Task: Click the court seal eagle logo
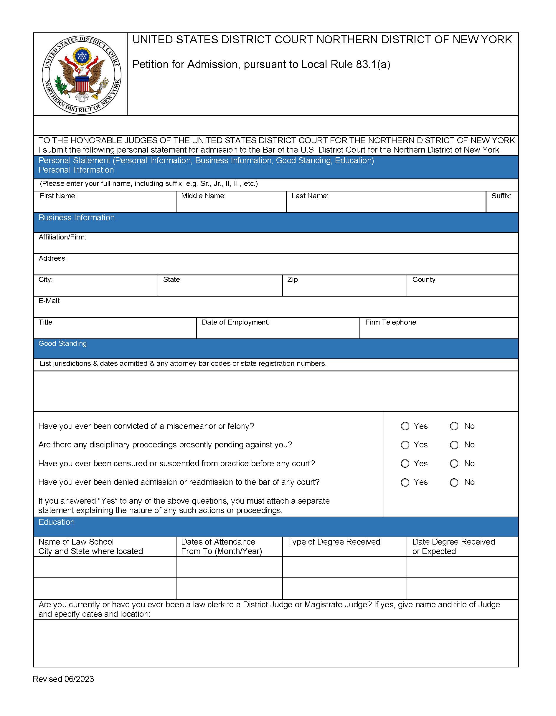click(x=82, y=75)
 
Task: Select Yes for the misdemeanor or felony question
click(x=405, y=426)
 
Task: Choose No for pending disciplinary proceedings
click(x=454, y=445)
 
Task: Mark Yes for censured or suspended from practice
click(x=405, y=464)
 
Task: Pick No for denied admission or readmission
click(x=454, y=482)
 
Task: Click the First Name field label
click(x=58, y=196)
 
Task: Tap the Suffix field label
click(x=501, y=196)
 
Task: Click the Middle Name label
click(x=203, y=196)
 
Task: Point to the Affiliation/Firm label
click(x=62, y=237)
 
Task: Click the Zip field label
click(x=292, y=280)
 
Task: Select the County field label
click(x=423, y=280)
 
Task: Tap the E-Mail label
click(x=50, y=301)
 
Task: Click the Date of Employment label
click(x=235, y=322)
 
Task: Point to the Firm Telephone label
click(x=391, y=322)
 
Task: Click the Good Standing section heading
click(x=63, y=344)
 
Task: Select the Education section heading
click(x=56, y=522)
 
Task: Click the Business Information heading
click(x=76, y=218)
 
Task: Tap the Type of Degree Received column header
click(x=334, y=542)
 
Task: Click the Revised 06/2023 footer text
click(x=63, y=679)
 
